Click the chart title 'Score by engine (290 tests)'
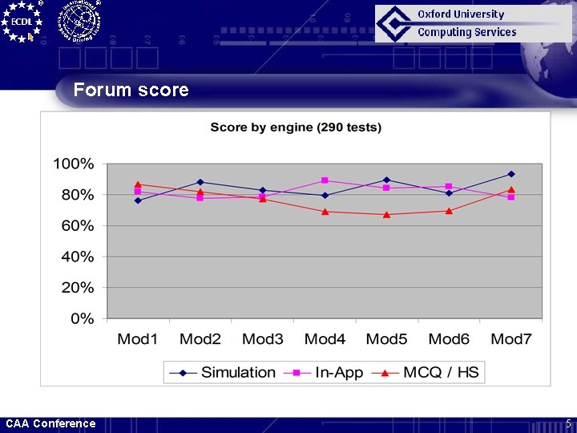pos(296,127)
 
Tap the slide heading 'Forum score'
pos(131,90)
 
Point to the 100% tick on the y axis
pos(74,164)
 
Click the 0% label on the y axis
pos(82,319)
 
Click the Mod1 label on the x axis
pos(138,339)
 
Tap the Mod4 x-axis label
pos(325,339)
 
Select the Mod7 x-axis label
pos(511,339)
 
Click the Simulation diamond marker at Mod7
pos(511,174)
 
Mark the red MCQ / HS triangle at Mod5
pos(386,214)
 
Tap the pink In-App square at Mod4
pos(325,180)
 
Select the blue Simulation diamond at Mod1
pos(138,200)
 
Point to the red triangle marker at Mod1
pos(138,184)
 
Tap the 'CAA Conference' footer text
pos(50,423)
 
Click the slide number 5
pos(568,423)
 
